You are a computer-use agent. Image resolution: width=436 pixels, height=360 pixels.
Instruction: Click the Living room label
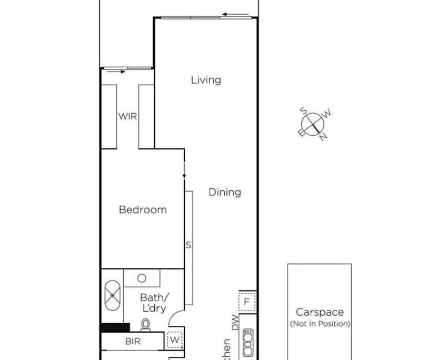(x=206, y=80)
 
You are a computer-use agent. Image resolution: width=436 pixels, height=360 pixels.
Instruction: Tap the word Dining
(x=225, y=192)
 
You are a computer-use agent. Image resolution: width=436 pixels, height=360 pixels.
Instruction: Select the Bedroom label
(x=143, y=209)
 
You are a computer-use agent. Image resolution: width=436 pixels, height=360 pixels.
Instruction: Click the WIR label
(x=127, y=116)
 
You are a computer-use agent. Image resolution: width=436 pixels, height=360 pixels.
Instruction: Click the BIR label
(x=133, y=342)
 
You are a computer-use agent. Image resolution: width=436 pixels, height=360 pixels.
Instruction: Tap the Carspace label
(x=319, y=312)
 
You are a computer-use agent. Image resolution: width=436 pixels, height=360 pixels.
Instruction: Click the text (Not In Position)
(x=320, y=324)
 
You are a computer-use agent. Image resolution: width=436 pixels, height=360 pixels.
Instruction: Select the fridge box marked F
(x=247, y=302)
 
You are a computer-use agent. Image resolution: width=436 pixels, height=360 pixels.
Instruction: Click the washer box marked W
(x=175, y=340)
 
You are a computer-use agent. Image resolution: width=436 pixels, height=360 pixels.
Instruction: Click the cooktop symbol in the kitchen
(x=248, y=343)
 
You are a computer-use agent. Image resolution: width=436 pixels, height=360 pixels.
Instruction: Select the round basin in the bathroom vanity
(x=142, y=278)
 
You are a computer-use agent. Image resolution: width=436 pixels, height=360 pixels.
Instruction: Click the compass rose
(x=315, y=124)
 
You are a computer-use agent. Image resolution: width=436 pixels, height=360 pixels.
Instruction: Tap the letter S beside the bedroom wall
(x=188, y=245)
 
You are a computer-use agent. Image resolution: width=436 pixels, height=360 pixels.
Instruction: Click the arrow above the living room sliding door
(x=235, y=14)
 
